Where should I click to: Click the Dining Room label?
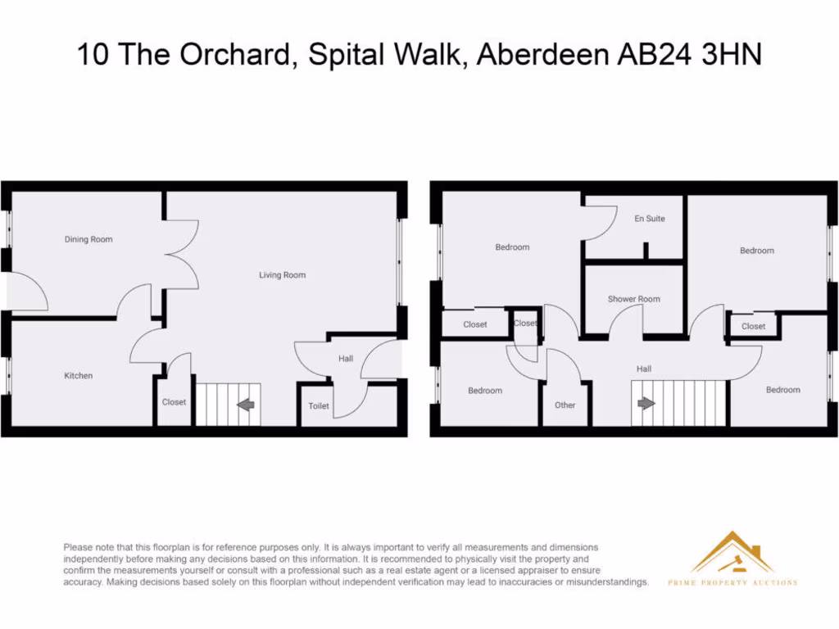click(x=88, y=239)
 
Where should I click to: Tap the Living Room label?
click(x=282, y=275)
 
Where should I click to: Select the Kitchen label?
click(x=79, y=376)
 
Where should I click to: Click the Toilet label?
click(x=319, y=406)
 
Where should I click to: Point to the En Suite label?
click(x=650, y=219)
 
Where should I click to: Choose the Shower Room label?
click(x=633, y=299)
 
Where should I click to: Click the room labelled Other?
click(x=565, y=405)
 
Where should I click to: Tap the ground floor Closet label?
click(x=174, y=402)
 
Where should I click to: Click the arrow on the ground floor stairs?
click(x=245, y=404)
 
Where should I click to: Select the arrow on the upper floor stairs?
click(x=646, y=403)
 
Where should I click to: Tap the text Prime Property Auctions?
click(x=732, y=582)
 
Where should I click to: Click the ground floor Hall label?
click(x=346, y=359)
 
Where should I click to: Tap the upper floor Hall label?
click(x=644, y=369)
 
